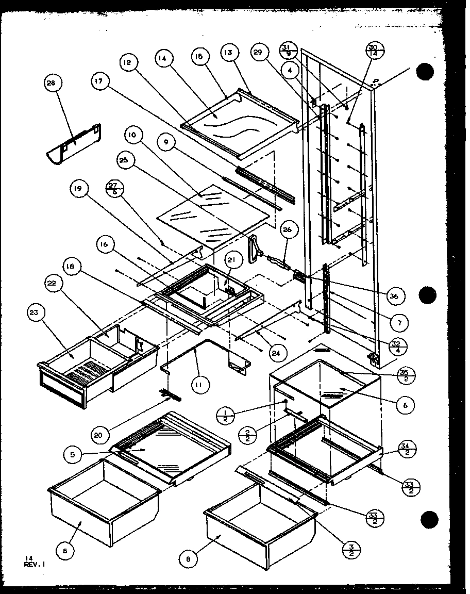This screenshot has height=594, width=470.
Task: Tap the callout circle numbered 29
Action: click(259, 52)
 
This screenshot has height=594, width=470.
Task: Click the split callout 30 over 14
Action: click(373, 50)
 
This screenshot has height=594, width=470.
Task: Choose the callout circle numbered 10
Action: click(132, 136)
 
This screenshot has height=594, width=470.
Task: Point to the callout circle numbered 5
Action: click(71, 454)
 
